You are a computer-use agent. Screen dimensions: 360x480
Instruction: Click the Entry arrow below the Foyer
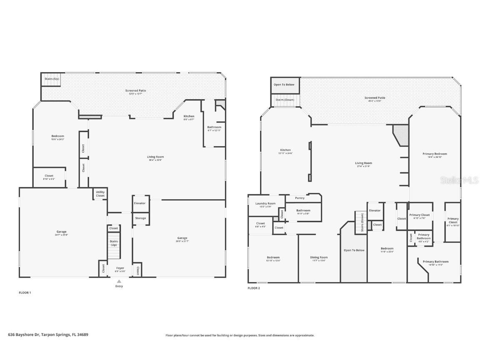(119, 282)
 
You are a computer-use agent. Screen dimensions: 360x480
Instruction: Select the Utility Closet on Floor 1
(100, 193)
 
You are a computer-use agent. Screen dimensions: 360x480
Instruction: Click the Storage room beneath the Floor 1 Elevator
(140, 218)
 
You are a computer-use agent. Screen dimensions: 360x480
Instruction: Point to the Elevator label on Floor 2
(375, 210)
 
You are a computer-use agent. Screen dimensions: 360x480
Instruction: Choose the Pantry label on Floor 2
(300, 198)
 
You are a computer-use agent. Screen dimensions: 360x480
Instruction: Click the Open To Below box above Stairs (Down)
(284, 85)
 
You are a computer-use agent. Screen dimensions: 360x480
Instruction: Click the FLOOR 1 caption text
(25, 292)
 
